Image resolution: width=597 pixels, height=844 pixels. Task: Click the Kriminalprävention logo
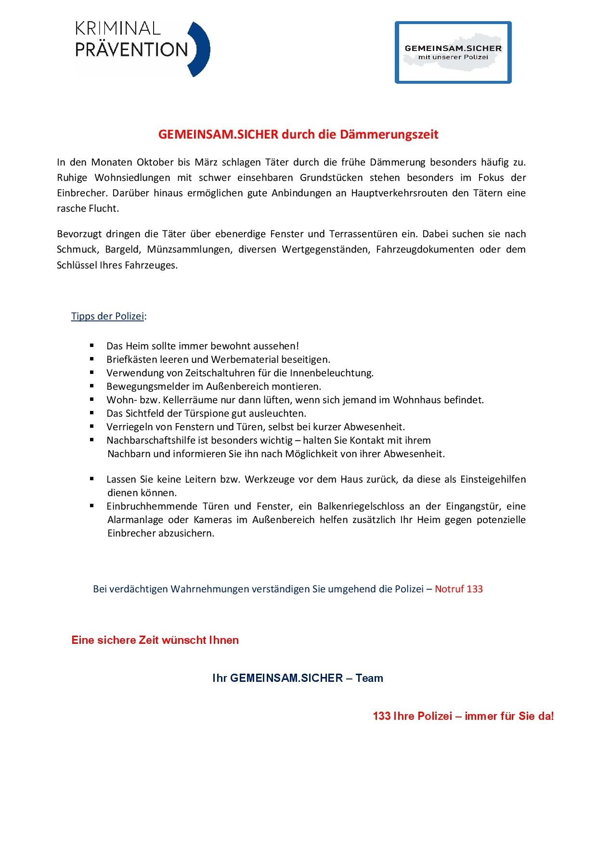[x=143, y=49]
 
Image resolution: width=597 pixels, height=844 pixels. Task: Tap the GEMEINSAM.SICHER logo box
[x=453, y=52]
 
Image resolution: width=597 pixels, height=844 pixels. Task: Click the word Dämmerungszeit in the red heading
[x=389, y=134]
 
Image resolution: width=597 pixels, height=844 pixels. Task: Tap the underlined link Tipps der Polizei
[x=107, y=316]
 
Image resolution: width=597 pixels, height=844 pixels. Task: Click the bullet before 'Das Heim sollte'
[x=91, y=345]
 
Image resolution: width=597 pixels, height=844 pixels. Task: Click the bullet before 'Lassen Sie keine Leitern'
[x=91, y=479]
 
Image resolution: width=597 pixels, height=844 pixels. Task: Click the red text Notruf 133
[x=458, y=589]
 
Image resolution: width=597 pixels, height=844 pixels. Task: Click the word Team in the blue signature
[x=369, y=678]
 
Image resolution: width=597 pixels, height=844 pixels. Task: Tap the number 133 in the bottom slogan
[x=381, y=716]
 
